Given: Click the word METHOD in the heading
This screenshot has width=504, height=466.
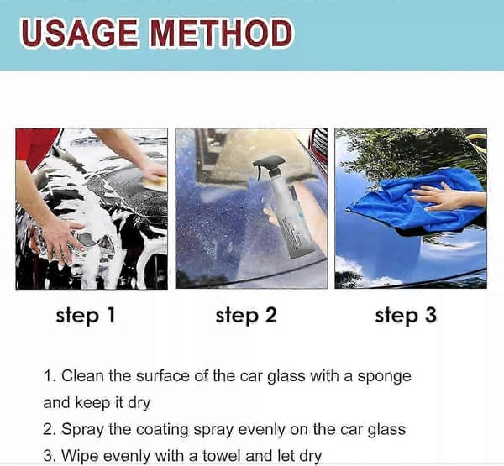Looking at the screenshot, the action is tap(222, 33).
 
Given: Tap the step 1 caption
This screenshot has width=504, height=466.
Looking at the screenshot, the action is tap(86, 315).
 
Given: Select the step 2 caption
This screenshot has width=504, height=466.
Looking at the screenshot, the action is tap(246, 315).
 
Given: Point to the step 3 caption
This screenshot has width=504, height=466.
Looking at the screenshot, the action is tap(406, 315).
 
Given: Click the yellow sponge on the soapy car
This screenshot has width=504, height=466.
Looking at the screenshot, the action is tap(155, 182).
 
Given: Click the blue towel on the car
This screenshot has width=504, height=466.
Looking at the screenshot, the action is tap(417, 202).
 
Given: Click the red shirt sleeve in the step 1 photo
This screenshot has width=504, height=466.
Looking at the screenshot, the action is tap(36, 146).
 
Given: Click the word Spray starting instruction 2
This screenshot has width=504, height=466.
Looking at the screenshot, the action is tap(82, 430).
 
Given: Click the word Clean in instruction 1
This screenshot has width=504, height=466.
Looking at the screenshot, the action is tap(82, 376).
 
